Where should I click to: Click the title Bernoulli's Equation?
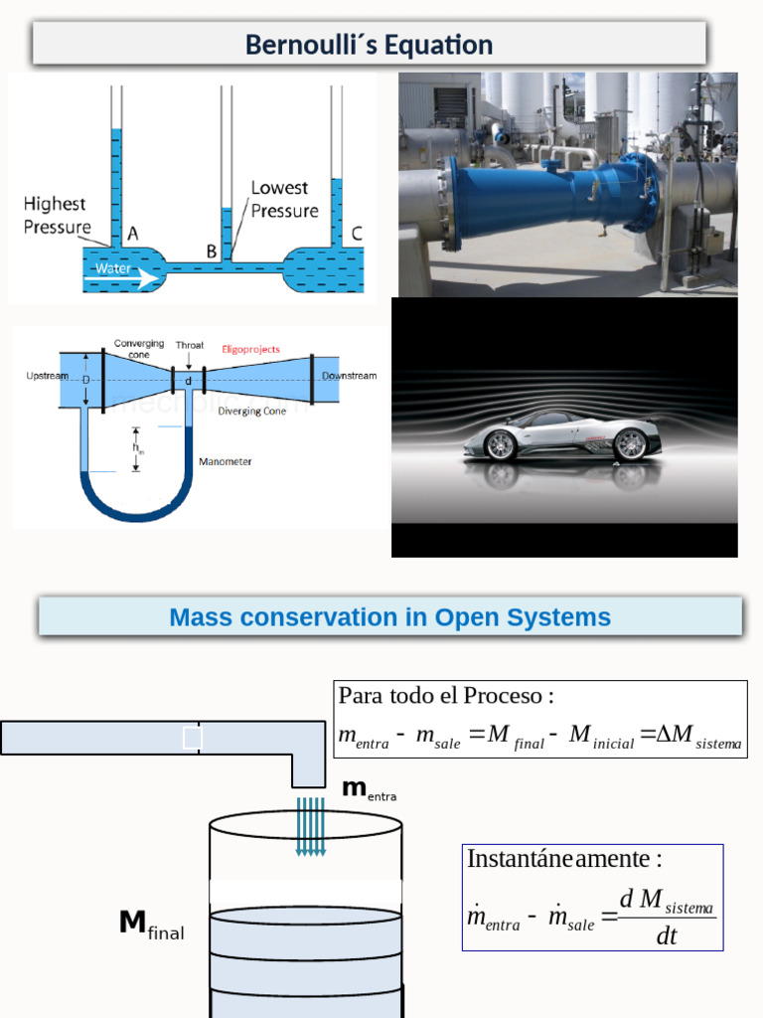369,45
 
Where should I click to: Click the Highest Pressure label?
55,215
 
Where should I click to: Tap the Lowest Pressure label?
284,199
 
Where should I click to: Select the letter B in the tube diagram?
212,253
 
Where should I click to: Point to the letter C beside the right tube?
357,235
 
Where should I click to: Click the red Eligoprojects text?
250,350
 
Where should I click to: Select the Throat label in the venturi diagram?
190,346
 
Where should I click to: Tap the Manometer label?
226,461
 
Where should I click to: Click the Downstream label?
349,376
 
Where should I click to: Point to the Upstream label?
47,376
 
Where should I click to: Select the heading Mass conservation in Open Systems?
389,617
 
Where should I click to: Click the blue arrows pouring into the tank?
311,825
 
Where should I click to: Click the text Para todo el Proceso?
446,695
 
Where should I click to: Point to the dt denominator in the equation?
666,935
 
